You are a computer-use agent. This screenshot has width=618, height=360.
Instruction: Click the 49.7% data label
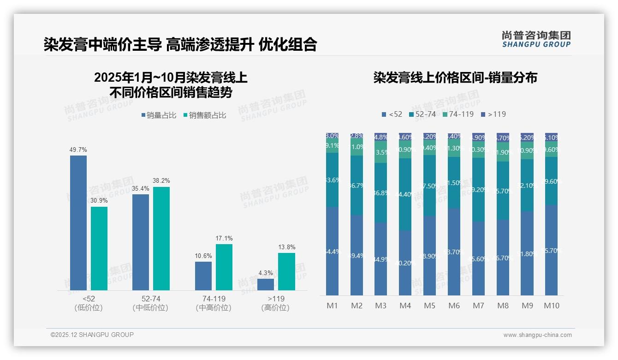click(x=78, y=150)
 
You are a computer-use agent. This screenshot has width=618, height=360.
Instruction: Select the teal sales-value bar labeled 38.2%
click(x=161, y=238)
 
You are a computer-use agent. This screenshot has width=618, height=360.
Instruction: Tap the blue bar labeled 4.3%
click(x=266, y=284)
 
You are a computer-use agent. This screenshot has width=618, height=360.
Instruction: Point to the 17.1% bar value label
click(x=224, y=239)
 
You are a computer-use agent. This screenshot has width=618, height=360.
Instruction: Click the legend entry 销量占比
click(x=158, y=115)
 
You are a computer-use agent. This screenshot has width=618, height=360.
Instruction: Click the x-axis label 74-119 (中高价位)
click(x=214, y=303)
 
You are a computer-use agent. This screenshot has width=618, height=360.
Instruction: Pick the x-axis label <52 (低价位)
click(x=88, y=303)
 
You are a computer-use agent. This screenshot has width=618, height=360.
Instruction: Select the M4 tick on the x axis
click(x=405, y=306)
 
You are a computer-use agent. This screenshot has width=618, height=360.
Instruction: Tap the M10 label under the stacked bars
click(x=551, y=306)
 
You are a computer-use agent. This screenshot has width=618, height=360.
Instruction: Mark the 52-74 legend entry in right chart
click(x=422, y=114)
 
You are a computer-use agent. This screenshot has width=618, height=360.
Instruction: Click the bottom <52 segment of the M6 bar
click(x=454, y=252)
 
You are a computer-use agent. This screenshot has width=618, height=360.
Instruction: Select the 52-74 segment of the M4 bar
click(x=405, y=194)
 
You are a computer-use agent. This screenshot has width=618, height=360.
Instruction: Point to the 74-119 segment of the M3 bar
click(x=381, y=152)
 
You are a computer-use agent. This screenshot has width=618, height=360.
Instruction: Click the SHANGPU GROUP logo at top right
click(x=536, y=39)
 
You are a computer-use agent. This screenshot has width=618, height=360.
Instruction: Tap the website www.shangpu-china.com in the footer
click(x=537, y=335)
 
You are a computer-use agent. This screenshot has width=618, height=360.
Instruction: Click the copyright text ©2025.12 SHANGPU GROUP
click(x=92, y=335)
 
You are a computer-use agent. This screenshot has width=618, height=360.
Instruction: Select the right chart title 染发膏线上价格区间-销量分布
click(x=455, y=78)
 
